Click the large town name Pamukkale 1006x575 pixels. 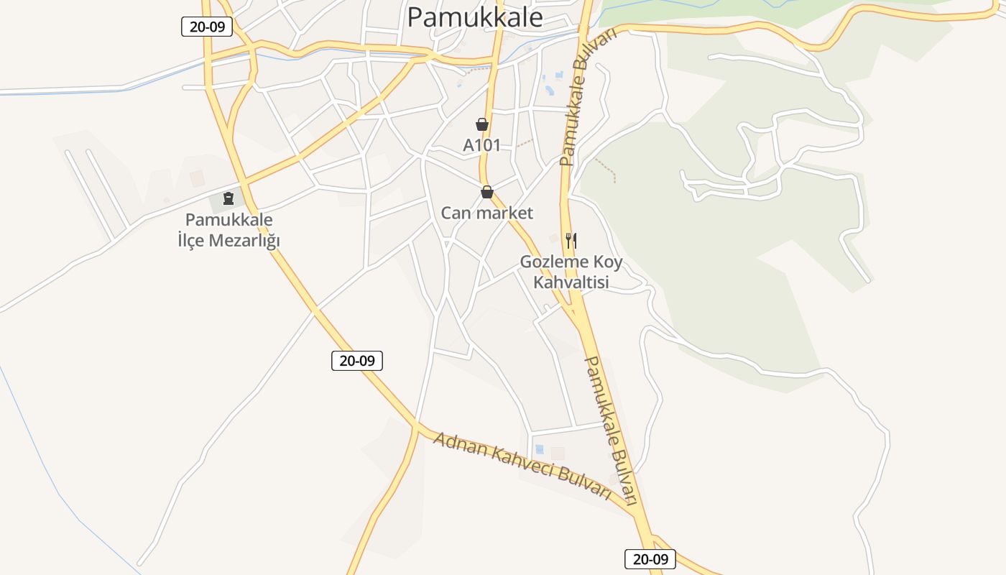point(475,17)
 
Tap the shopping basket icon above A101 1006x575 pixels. point(482,125)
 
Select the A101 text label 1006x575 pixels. point(481,145)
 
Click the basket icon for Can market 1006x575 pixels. point(487,192)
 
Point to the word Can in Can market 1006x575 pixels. point(454,213)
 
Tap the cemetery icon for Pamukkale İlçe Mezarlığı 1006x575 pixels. point(229,198)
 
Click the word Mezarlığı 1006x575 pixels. point(245,240)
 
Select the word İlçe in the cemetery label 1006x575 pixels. point(192,240)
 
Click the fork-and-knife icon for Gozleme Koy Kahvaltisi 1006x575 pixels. point(571,240)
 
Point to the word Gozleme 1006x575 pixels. point(550,262)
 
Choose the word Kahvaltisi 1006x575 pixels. point(571,282)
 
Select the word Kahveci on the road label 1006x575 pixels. point(522,466)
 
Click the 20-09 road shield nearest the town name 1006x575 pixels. point(206,27)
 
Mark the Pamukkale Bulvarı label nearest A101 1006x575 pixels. point(587,98)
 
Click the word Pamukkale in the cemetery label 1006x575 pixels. point(229,220)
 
